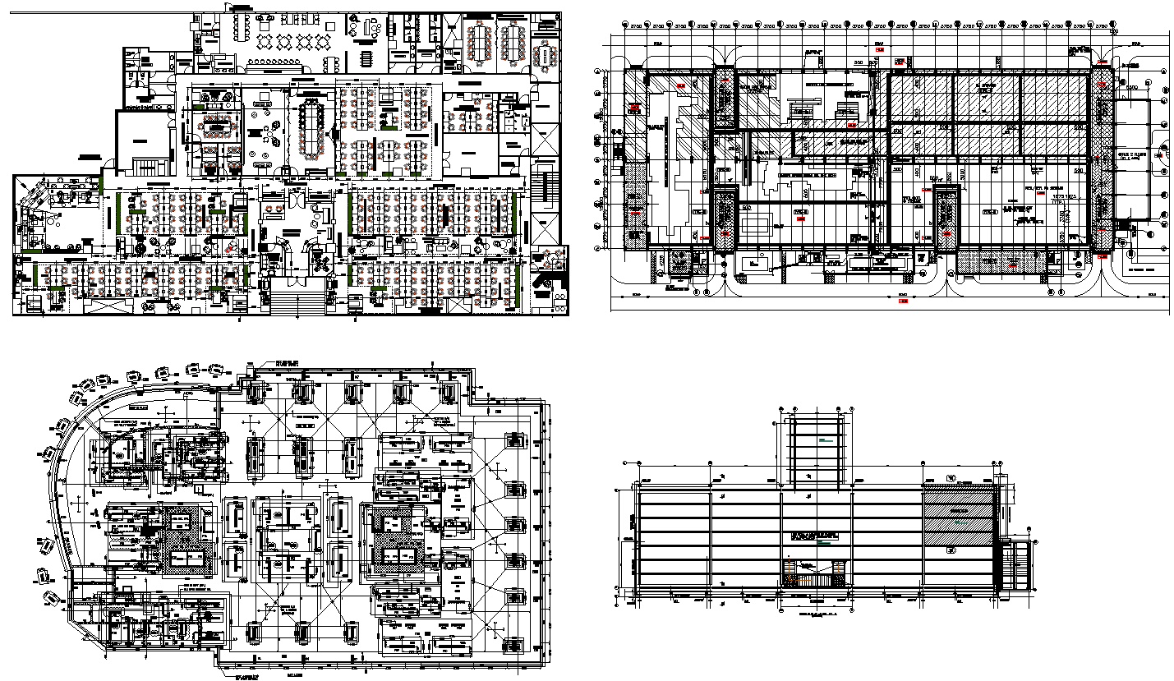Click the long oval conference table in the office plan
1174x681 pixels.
(x=311, y=131)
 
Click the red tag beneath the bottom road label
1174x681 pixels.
(x=904, y=301)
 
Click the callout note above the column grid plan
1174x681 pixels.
(x=288, y=363)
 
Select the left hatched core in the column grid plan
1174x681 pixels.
(x=178, y=540)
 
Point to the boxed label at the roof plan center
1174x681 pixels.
(x=815, y=536)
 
